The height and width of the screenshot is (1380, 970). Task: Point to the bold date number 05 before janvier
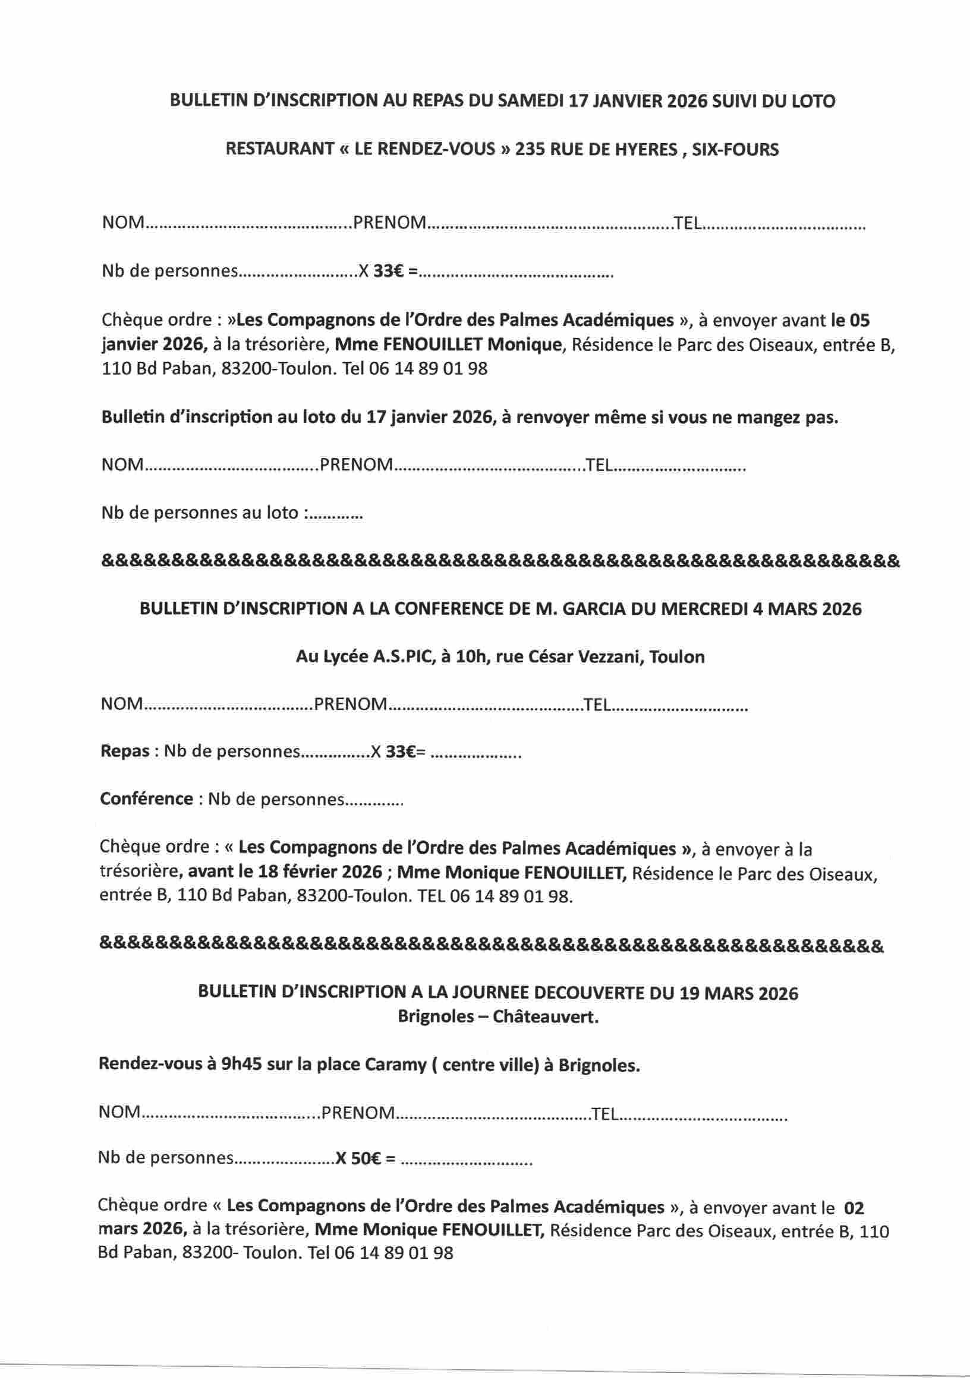[x=859, y=320]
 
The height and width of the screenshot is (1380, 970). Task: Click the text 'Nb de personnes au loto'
[x=200, y=513]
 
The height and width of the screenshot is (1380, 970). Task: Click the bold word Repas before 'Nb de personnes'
[x=124, y=751]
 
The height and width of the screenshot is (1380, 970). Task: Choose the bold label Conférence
[x=146, y=800]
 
